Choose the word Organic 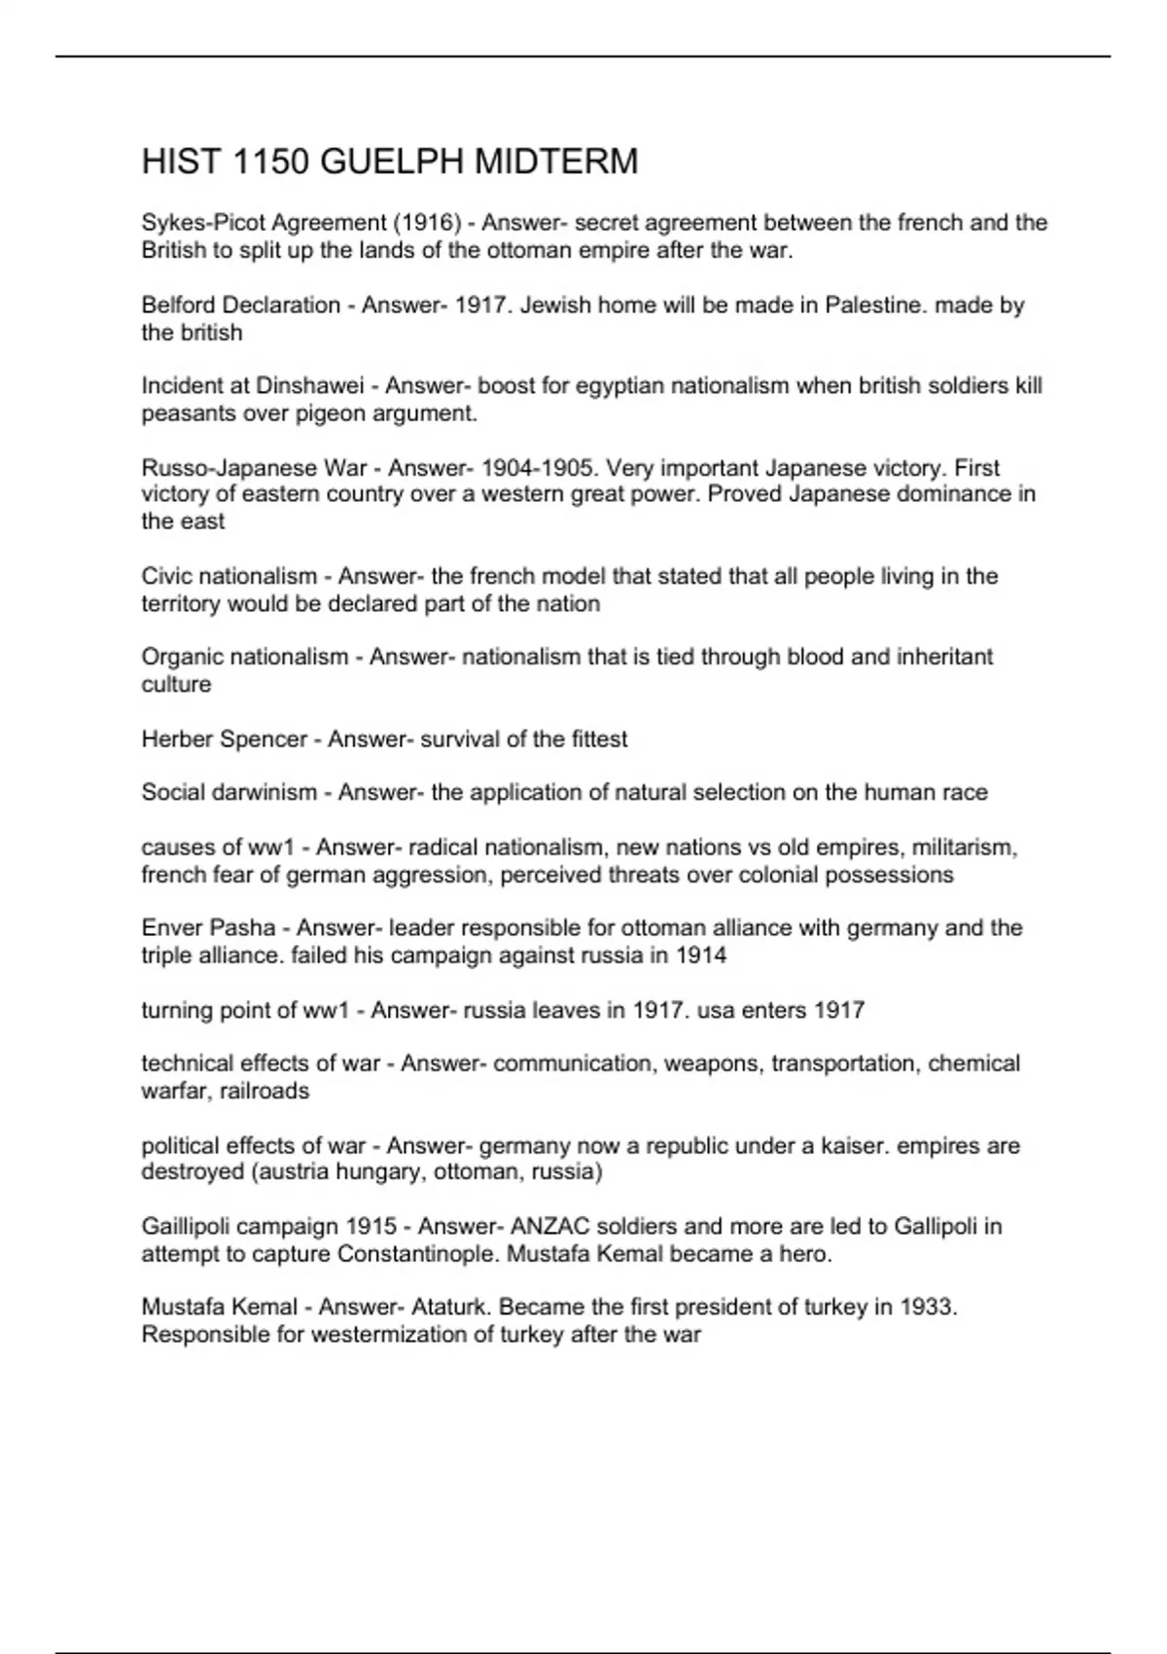(x=181, y=657)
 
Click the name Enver (x=171, y=928)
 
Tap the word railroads (x=265, y=1091)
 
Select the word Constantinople (x=418, y=1254)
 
